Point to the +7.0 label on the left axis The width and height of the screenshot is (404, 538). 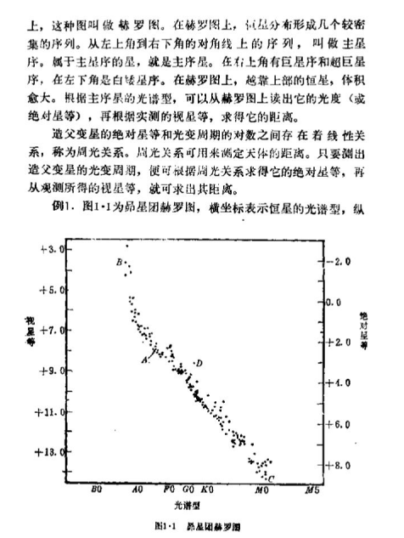53,330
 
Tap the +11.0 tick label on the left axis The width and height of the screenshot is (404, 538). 52,411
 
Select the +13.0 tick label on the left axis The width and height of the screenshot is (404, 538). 52,452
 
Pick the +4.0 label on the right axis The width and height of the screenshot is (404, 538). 339,383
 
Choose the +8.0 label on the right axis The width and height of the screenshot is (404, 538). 339,465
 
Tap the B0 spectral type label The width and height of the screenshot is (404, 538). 96,490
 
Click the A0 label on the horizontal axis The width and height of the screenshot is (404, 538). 137,490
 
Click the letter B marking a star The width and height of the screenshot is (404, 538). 120,261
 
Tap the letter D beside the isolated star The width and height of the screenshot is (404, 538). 199,364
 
